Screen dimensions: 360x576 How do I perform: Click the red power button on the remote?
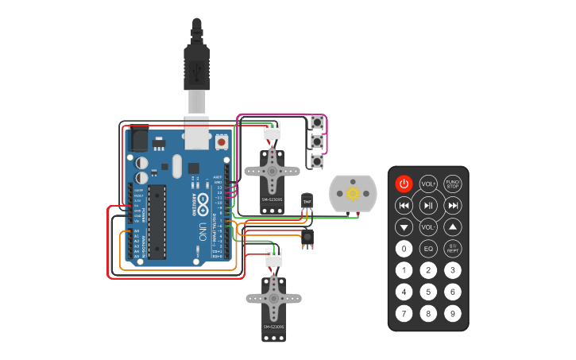(x=404, y=184)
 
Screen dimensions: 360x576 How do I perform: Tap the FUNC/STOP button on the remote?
(x=452, y=184)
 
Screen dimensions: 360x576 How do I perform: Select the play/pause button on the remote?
(x=428, y=206)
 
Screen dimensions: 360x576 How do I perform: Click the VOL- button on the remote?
(x=428, y=227)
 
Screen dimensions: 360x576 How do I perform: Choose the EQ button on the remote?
(x=428, y=249)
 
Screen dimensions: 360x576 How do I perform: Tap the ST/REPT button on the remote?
(x=452, y=249)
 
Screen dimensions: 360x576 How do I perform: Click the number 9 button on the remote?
(x=452, y=313)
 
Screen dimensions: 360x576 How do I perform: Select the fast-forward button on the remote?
(x=452, y=206)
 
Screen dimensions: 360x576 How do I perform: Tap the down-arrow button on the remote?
(x=404, y=227)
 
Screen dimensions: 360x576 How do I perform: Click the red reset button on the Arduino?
(x=222, y=141)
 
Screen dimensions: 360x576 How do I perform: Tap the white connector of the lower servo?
(x=273, y=257)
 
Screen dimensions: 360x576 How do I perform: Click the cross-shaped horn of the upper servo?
(x=273, y=168)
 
